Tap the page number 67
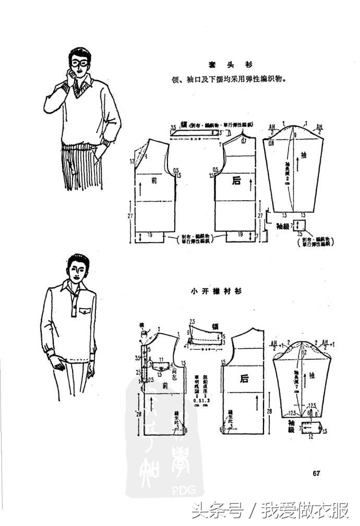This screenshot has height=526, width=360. [x=316, y=473]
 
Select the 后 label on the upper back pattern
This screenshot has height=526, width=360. [x=236, y=181]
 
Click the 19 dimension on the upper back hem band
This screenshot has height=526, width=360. [x=240, y=235]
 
